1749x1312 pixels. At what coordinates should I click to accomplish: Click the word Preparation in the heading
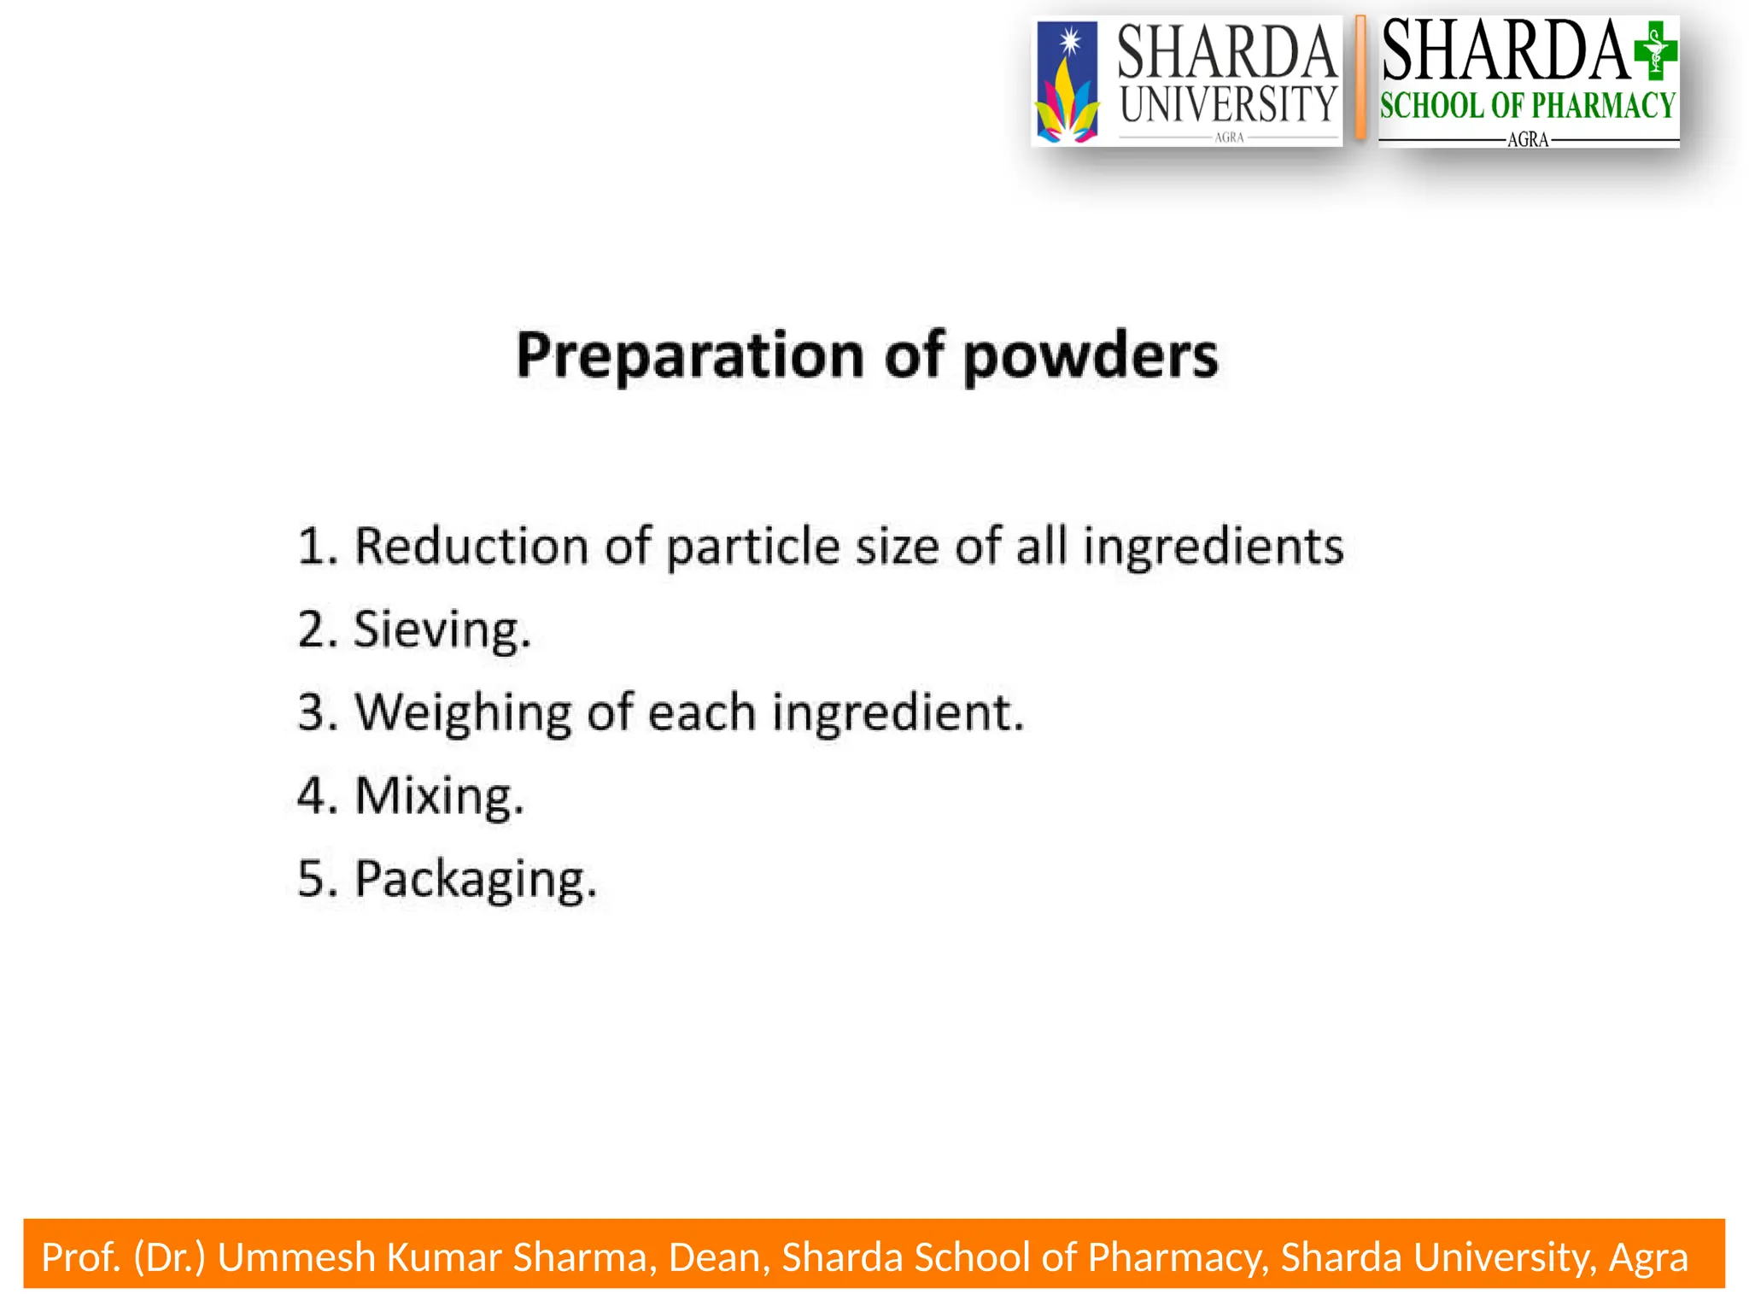click(690, 356)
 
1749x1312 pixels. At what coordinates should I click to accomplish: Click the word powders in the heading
click(1091, 356)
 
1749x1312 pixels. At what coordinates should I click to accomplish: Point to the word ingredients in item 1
click(1214, 547)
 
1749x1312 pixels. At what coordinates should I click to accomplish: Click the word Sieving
click(442, 630)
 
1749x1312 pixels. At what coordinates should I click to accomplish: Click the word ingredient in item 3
click(897, 713)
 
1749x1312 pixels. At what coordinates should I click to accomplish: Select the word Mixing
click(439, 796)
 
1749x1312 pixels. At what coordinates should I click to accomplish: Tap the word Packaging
click(476, 880)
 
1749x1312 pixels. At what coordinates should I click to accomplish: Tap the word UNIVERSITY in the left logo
click(1228, 104)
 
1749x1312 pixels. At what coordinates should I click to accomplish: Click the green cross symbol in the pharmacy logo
click(1655, 51)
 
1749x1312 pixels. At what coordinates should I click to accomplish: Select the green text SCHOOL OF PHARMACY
click(1528, 106)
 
